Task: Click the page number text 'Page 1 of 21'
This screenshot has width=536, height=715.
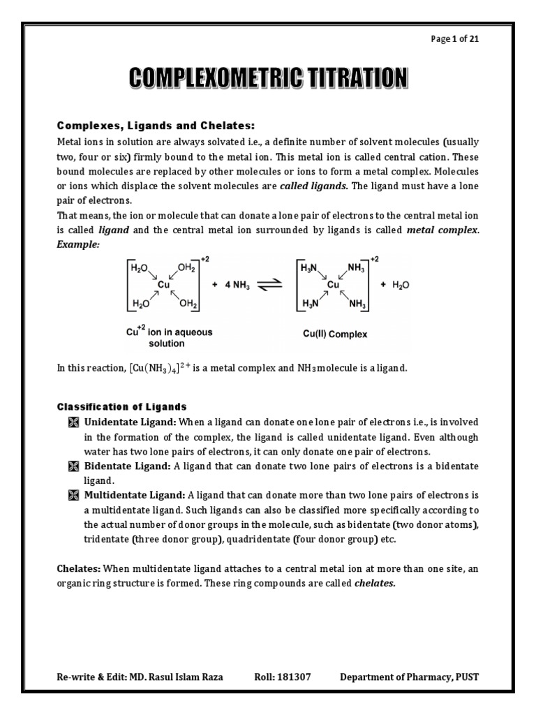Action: [x=455, y=39]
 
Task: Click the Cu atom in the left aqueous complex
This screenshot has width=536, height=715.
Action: [x=163, y=284]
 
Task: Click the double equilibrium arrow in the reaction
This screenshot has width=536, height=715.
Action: [x=269, y=285]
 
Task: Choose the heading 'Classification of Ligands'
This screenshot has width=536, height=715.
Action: [x=121, y=406]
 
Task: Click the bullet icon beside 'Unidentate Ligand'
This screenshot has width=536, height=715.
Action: [x=73, y=423]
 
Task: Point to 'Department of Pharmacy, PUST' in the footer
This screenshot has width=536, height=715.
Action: [x=410, y=677]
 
